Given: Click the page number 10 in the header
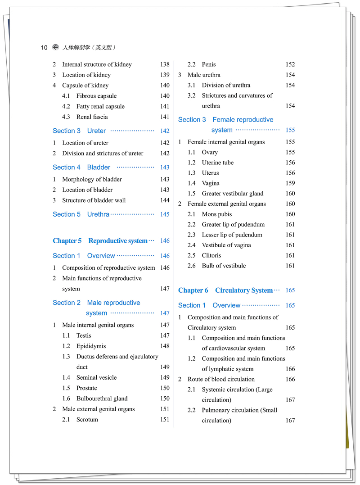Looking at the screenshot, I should (44, 48).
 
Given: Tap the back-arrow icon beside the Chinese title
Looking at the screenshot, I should (55, 47).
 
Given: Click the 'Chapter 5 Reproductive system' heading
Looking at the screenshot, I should (100, 241).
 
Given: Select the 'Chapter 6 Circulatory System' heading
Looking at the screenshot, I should (225, 290).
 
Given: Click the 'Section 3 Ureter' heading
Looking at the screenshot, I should (79, 131).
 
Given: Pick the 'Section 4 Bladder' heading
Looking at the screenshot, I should (81, 168).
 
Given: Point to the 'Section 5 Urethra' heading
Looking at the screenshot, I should (81, 214).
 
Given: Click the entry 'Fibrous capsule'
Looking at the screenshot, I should (96, 96).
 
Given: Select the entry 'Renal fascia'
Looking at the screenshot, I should (92, 117).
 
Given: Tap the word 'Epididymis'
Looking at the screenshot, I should (91, 346).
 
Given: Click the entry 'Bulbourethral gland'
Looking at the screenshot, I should (102, 399).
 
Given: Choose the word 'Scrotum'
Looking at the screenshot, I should (87, 420).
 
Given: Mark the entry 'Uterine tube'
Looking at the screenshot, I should (217, 163).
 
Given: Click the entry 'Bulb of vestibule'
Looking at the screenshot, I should (224, 266).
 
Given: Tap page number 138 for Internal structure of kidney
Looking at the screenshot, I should (165, 64).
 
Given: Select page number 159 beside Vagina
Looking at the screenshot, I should (290, 183).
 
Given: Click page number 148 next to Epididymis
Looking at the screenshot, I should (165, 346).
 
